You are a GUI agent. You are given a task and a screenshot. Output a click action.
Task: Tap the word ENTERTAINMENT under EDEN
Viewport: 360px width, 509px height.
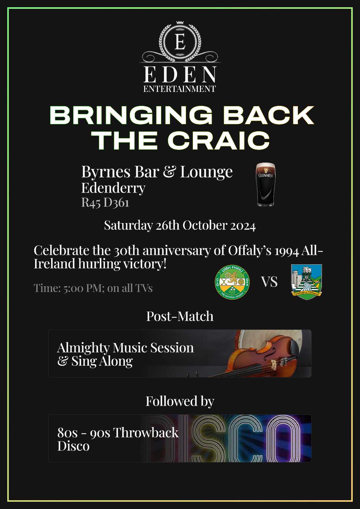[179, 89]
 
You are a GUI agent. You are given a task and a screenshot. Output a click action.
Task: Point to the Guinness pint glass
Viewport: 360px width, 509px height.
[265, 184]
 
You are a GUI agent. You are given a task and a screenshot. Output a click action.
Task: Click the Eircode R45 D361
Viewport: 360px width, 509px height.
[105, 203]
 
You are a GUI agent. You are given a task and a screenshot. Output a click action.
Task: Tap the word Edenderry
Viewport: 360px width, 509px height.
[113, 188]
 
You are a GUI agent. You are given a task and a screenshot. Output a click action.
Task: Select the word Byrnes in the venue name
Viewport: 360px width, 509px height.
[106, 172]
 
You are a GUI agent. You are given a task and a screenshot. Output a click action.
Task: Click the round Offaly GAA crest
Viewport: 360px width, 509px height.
[232, 282]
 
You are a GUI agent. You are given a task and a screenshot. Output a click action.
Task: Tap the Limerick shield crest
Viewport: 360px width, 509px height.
[306, 282]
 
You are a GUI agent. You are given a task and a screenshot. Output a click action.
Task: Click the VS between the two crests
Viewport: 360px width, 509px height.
[269, 282]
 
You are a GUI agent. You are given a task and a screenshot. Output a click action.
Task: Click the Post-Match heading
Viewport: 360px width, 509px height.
[180, 316]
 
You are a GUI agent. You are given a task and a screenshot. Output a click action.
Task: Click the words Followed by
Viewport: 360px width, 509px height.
[180, 401]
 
